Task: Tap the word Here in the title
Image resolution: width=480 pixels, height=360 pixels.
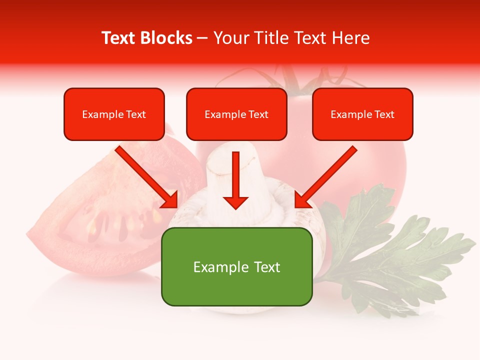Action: tap(350, 38)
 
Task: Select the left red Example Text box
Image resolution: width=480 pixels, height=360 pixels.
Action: tap(114, 114)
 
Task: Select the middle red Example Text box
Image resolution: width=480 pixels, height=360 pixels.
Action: tap(236, 114)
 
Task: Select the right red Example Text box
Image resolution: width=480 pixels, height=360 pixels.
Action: tap(362, 114)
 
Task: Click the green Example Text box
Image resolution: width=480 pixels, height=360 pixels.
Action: tap(236, 266)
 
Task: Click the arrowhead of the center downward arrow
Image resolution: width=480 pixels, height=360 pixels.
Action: tap(235, 202)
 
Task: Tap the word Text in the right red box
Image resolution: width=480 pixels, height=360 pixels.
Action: tap(384, 114)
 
